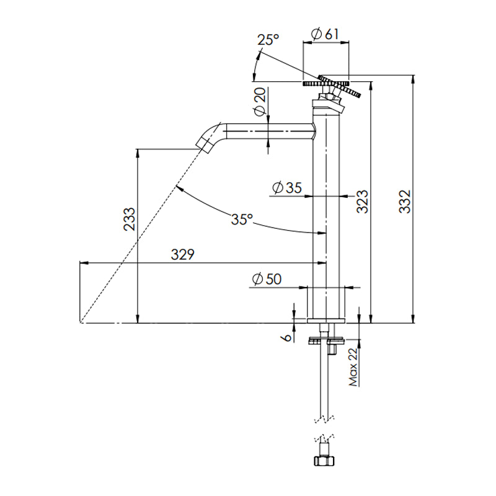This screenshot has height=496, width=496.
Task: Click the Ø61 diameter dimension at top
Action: [325, 34]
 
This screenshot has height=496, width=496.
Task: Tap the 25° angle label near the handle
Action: [269, 40]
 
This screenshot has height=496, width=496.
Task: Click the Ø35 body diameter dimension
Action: [286, 187]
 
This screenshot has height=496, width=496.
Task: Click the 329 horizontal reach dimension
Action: [184, 254]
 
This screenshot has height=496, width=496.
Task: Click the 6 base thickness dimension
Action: [286, 337]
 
